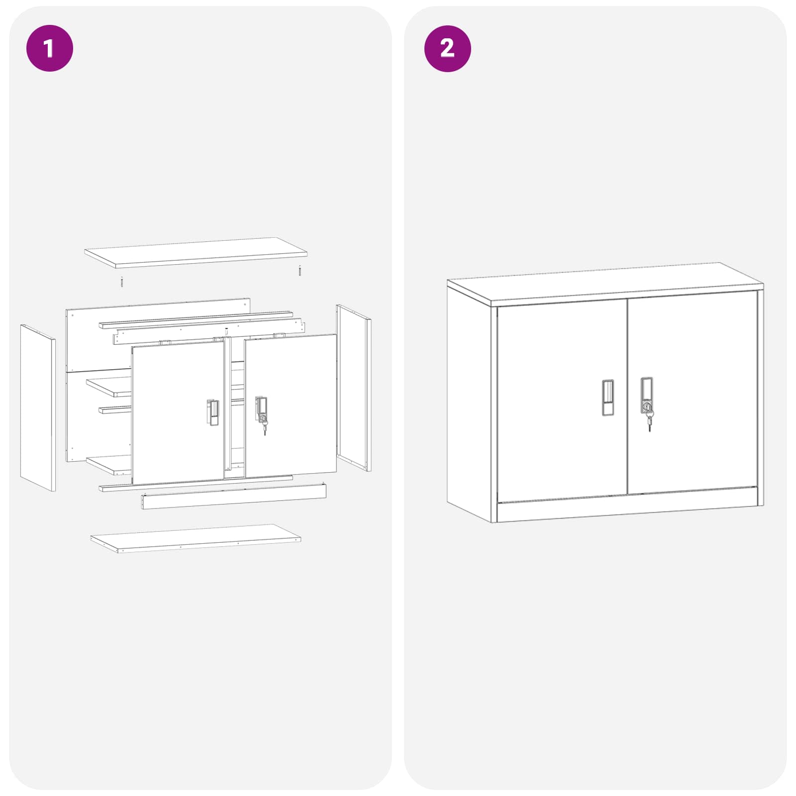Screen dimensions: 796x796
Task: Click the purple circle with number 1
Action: tap(49, 48)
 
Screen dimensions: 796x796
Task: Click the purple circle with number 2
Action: tap(447, 48)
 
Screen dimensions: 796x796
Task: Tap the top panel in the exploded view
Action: tap(196, 252)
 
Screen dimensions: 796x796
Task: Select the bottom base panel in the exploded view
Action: tap(196, 538)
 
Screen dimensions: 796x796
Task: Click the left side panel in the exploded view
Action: tap(38, 407)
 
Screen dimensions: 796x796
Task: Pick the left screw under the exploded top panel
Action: tap(121, 282)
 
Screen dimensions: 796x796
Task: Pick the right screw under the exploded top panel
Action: tap(299, 271)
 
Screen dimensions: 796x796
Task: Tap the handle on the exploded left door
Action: tap(212, 412)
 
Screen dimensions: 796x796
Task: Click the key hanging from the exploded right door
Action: tap(264, 426)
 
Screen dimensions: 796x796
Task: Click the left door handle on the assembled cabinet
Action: tap(607, 398)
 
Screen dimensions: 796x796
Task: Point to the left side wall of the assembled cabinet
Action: tap(469, 403)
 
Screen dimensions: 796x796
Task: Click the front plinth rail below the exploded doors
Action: tap(234, 497)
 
